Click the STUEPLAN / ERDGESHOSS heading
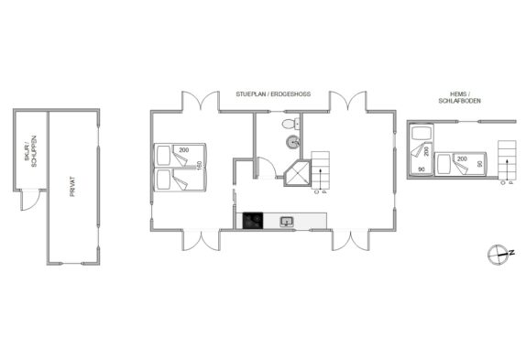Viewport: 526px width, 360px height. pyautogui.click(x=273, y=94)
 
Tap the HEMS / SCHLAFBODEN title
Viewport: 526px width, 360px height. pyautogui.click(x=460, y=97)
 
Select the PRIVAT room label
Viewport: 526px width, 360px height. pyautogui.click(x=72, y=186)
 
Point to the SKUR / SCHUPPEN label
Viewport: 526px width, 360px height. pyautogui.click(x=30, y=151)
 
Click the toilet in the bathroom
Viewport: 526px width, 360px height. pyautogui.click(x=290, y=124)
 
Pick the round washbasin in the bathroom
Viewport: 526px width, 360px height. pyautogui.click(x=293, y=142)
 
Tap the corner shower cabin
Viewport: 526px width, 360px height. pyautogui.click(x=297, y=173)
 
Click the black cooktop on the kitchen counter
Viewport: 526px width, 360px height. pyautogui.click(x=253, y=221)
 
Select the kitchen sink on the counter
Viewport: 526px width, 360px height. pyautogui.click(x=287, y=222)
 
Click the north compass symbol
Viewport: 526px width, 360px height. pyautogui.click(x=499, y=255)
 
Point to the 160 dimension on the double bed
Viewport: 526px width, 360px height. pyautogui.click(x=200, y=166)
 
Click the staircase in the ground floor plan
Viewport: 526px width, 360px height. pyautogui.click(x=321, y=173)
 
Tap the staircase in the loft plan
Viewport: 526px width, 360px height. pyautogui.click(x=507, y=161)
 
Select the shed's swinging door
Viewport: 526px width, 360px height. pyautogui.click(x=31, y=201)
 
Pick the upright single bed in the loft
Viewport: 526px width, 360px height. pyautogui.click(x=422, y=149)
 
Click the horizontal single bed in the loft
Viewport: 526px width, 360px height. pyautogui.click(x=460, y=164)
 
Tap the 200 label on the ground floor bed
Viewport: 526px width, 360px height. pyautogui.click(x=184, y=150)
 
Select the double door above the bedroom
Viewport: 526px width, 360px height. pyautogui.click(x=201, y=100)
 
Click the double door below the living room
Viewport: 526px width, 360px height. pyautogui.click(x=351, y=240)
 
